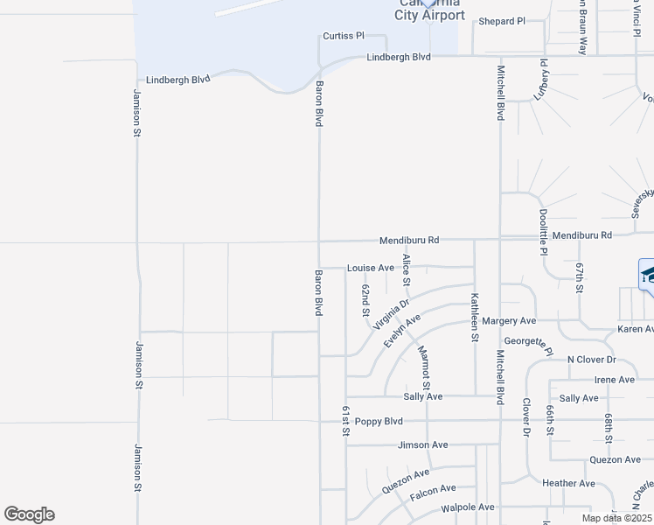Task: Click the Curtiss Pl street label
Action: pyautogui.click(x=343, y=36)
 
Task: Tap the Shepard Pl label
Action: pyautogui.click(x=502, y=21)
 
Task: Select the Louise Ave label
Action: pyautogui.click(x=371, y=268)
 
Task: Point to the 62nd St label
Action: pyautogui.click(x=365, y=300)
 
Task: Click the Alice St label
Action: pyautogui.click(x=407, y=269)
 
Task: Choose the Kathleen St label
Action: pyautogui.click(x=475, y=317)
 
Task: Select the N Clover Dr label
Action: pyautogui.click(x=592, y=360)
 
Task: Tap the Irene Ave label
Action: pyautogui.click(x=614, y=380)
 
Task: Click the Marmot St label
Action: pyautogui.click(x=424, y=368)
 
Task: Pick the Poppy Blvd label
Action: pyautogui.click(x=379, y=421)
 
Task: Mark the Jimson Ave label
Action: pyautogui.click(x=422, y=444)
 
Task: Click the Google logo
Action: pyautogui.click(x=29, y=514)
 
